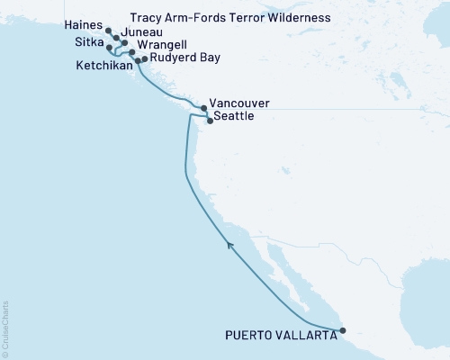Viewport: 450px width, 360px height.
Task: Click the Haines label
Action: point(83,28)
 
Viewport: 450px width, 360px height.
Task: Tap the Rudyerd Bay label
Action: point(181,58)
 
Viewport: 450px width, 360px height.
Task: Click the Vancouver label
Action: point(238,103)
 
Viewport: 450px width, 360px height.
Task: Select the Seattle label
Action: point(234,117)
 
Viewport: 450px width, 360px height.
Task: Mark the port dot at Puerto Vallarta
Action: point(342,331)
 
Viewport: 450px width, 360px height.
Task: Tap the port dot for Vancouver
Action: point(203,109)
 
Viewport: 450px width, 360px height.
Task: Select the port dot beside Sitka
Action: point(109,47)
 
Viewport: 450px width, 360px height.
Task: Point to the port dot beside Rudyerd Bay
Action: point(145,58)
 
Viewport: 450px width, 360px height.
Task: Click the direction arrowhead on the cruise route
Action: point(231,244)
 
